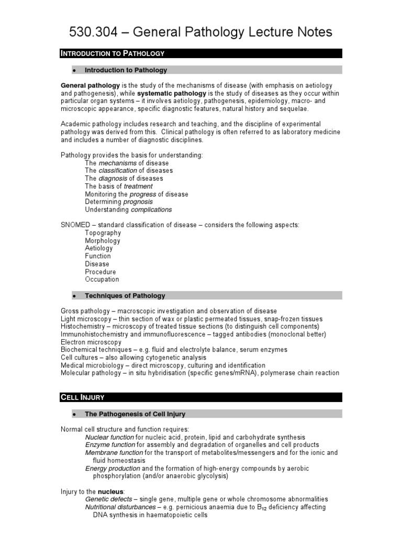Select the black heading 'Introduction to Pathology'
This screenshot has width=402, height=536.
(x=113, y=53)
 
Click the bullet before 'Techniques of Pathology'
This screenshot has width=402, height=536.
(x=75, y=296)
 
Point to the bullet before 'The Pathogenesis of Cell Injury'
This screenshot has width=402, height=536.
(x=75, y=415)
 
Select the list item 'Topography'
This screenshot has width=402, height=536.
(x=103, y=233)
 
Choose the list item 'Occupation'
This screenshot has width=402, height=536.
(x=102, y=280)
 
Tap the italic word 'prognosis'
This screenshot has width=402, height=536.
(x=138, y=202)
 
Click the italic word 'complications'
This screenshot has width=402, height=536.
(x=151, y=209)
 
